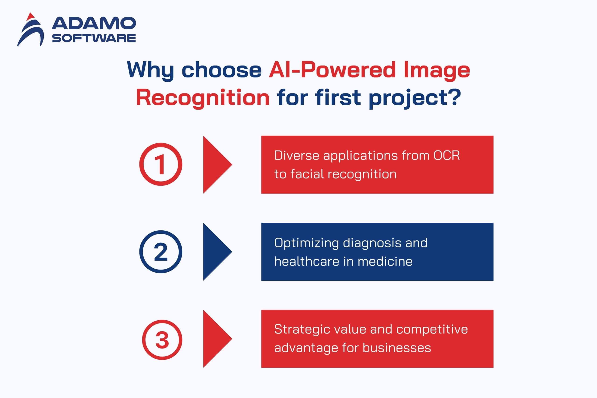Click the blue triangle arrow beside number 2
point(217,252)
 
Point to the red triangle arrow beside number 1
point(217,164)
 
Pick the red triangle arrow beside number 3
point(217,339)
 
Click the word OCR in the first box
point(447,155)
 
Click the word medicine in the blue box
point(385,261)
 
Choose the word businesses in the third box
point(397,348)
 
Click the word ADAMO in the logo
point(94,23)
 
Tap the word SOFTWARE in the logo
point(94,38)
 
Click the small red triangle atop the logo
point(31,16)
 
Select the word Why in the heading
point(150,70)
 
